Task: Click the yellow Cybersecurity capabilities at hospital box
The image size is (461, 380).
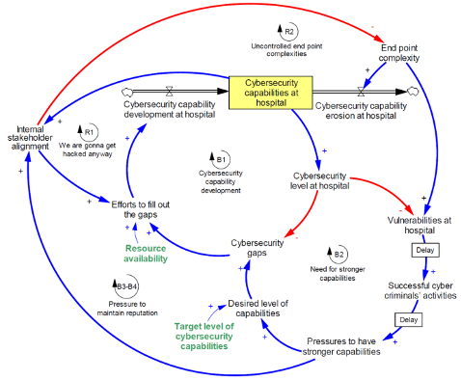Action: pos(270,93)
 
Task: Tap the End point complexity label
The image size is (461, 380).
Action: pos(399,53)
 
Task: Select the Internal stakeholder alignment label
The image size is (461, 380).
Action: pos(30,138)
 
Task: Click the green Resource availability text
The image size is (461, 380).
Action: pos(146,254)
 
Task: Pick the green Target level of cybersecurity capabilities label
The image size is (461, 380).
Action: pos(204,336)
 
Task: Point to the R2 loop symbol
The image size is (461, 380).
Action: pos(287,32)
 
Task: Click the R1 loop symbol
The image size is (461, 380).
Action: pos(88,132)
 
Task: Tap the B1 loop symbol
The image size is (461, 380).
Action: pos(220,160)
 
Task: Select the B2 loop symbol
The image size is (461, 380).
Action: pos(338,255)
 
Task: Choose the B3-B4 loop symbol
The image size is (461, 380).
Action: pos(126,286)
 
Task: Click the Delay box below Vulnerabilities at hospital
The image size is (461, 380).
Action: pos(425,250)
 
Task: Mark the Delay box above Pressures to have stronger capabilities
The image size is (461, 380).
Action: pos(408,319)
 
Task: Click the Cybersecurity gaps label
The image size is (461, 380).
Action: pos(257,248)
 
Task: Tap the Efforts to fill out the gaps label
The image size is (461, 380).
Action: pos(141,209)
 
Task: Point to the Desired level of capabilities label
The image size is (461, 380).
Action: pos(258,308)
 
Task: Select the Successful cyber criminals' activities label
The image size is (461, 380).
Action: pos(420,290)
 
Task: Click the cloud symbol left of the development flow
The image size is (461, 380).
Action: pos(127,92)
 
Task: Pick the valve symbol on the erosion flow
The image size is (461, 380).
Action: pos(361,92)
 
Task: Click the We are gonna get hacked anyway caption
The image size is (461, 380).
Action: pos(87,149)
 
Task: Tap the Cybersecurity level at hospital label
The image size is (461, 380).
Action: pos(319,181)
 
